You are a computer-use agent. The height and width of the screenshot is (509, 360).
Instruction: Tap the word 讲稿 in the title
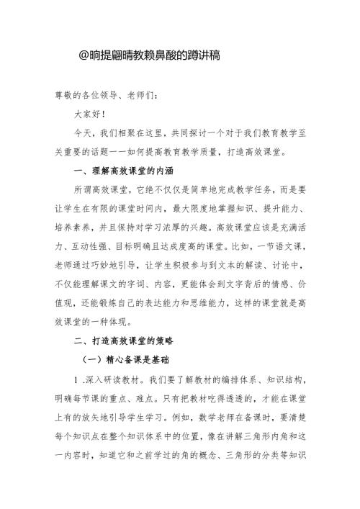tap(187, 55)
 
